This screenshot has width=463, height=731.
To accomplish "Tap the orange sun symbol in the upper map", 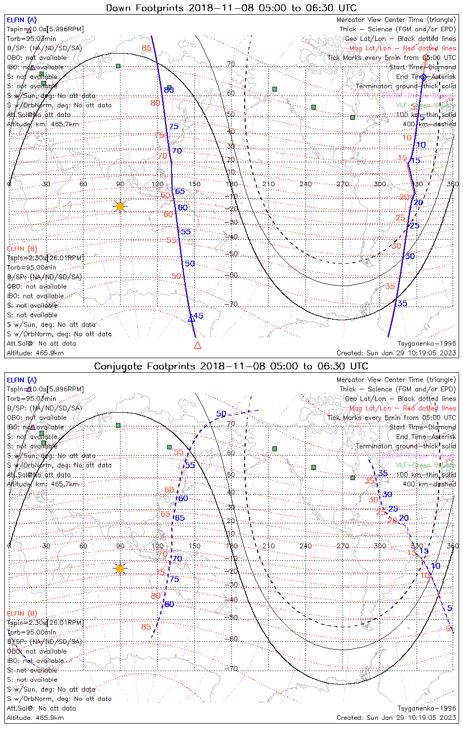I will (120, 206).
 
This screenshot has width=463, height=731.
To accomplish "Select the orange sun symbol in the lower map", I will (120, 568).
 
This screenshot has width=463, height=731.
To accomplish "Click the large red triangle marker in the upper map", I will (197, 346).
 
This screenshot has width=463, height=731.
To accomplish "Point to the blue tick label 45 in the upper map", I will (198, 316).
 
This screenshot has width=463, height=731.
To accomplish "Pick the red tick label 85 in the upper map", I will (147, 48).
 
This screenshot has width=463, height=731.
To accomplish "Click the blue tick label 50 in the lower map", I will (221, 414).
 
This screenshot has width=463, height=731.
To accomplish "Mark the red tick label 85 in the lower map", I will (146, 627).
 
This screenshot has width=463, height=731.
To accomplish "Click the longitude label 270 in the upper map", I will (343, 184).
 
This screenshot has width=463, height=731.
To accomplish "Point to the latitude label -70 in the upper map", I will (231, 304).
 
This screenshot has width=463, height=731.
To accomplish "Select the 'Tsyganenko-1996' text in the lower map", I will (427, 708).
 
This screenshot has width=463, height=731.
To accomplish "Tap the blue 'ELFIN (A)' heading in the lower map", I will (22, 380).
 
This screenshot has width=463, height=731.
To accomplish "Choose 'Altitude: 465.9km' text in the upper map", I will (35, 353).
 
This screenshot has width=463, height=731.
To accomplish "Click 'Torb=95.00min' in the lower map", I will (31, 632).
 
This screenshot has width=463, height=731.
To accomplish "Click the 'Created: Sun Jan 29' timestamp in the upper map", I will (396, 353).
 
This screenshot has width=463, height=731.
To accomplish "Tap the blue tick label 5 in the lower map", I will (449, 608).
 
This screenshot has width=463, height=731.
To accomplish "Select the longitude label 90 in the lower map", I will (120, 546).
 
